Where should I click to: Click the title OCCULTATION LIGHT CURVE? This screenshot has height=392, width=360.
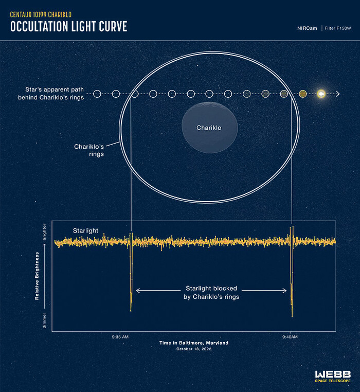68,27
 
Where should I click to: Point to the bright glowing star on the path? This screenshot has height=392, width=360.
321,94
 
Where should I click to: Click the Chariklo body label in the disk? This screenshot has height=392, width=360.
209,128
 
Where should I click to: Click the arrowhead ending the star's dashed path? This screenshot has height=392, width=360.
337,94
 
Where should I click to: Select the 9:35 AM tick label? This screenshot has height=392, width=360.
120,336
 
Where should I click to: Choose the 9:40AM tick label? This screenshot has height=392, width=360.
290,336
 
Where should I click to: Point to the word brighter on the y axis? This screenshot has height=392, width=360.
44,235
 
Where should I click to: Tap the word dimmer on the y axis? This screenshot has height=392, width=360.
44,320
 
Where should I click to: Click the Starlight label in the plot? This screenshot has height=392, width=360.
85,231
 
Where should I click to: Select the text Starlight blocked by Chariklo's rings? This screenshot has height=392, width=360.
211,293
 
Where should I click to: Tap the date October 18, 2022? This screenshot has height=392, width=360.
194,349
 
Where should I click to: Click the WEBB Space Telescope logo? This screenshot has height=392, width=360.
333,376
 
